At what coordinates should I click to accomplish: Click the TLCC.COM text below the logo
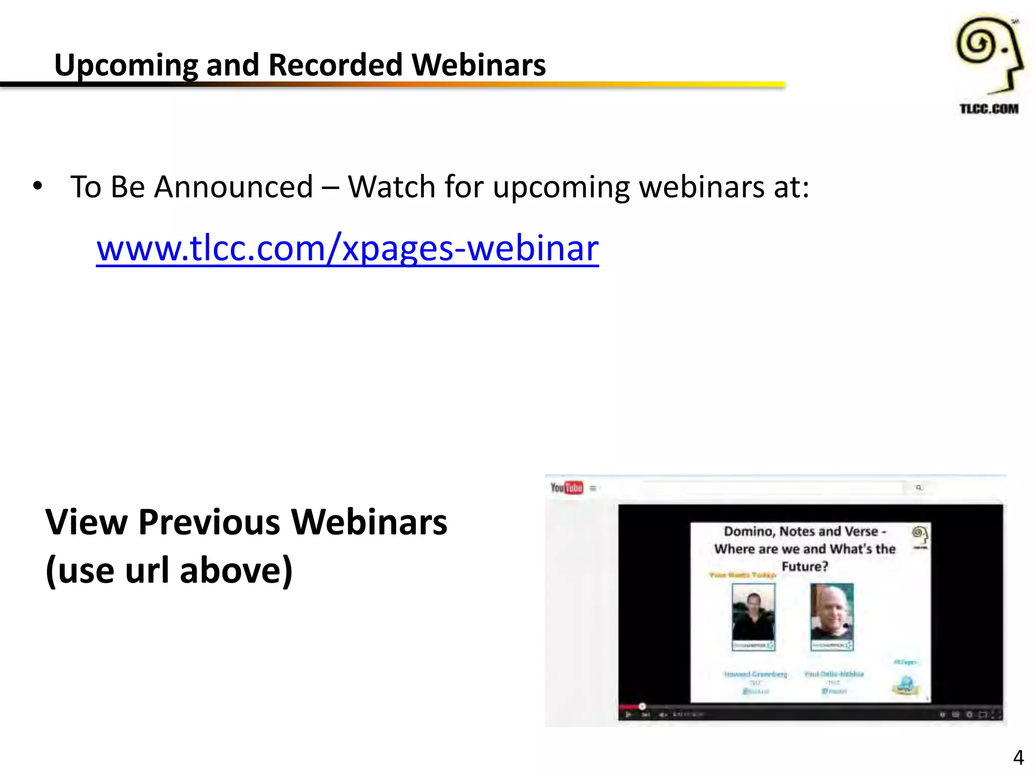click(x=989, y=109)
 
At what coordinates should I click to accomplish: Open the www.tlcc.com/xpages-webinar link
click(x=347, y=249)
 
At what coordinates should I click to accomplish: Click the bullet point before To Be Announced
click(x=37, y=186)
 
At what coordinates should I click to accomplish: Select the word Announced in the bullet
click(x=233, y=187)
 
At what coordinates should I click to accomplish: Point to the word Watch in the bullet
click(x=391, y=187)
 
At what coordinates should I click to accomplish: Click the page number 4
click(x=1018, y=757)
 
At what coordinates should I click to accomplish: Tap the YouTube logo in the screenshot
click(x=567, y=488)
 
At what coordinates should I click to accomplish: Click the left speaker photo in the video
click(x=753, y=616)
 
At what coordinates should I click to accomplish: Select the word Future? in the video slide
click(x=805, y=566)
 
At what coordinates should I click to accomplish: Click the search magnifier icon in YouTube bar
click(x=919, y=488)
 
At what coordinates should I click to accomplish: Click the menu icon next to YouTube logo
click(x=593, y=488)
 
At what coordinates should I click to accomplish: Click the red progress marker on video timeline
click(x=642, y=706)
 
